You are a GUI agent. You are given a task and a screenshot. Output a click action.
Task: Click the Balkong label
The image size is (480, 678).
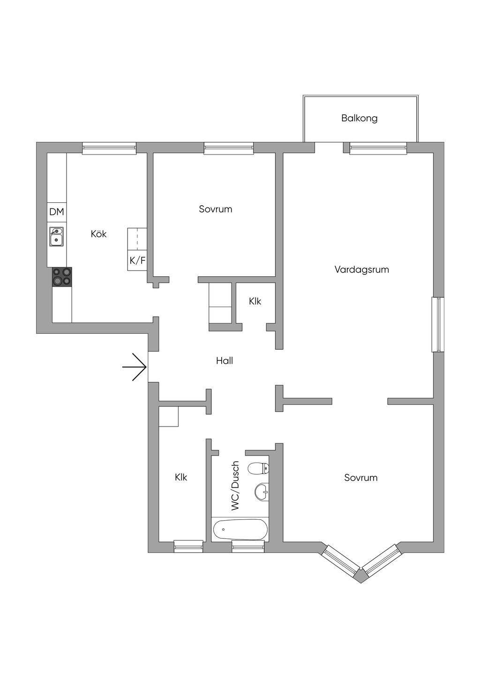coord(359,118)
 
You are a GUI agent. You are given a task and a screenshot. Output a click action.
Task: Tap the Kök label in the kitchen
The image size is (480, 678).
coord(98,234)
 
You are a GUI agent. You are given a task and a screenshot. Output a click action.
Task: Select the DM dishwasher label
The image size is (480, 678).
coord(57,212)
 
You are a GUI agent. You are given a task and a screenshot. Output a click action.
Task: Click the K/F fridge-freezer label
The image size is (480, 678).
coord(137,260)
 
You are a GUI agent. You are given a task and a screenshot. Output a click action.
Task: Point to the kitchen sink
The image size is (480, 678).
coord(57,237)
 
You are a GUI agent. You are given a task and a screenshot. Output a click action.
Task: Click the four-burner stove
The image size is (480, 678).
coord(62,277)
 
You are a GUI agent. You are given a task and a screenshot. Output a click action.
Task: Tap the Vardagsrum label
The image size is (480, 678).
coord(361,270)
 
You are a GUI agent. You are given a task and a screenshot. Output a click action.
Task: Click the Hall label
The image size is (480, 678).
coord(224,361)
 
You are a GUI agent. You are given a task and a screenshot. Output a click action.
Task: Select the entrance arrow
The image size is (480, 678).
coord(135,367)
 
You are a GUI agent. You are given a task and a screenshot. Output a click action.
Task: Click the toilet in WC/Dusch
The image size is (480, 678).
coord(258,469)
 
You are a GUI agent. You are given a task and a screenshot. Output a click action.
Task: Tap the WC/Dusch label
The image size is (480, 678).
coord(235,486)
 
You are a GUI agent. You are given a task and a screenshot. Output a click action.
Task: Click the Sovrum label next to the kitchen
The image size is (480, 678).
coord(216,209)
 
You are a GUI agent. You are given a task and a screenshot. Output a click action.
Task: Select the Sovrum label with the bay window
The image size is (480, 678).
coord(360,478)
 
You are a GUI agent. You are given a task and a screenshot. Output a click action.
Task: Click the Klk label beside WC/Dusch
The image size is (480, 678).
coord(181,477)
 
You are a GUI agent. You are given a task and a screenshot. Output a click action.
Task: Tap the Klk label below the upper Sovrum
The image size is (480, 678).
coord(255,301)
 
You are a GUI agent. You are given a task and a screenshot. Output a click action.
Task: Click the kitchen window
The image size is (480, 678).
coord(109,148)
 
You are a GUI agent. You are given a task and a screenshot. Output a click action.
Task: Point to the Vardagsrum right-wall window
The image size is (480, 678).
coord(438,324)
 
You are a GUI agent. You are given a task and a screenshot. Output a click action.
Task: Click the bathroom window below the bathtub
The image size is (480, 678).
coord(248,546)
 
